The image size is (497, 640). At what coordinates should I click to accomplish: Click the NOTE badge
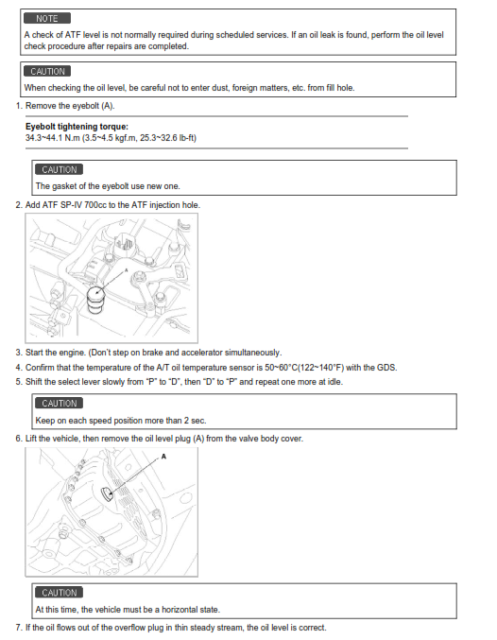point(47,18)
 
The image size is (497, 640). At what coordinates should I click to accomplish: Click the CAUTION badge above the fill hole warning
point(47,72)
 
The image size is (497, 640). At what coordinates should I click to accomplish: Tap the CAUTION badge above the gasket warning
point(60,170)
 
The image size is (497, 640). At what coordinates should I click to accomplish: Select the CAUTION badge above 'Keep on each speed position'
point(60,404)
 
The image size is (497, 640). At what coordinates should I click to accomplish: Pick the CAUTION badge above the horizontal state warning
point(60,593)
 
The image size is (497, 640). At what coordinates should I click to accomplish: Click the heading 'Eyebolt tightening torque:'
point(77,127)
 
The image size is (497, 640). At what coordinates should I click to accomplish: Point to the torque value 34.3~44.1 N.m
point(53,138)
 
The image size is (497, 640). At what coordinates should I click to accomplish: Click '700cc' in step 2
point(95,205)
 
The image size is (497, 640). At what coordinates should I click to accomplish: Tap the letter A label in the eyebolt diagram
point(126,269)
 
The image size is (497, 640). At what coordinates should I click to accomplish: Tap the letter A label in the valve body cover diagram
point(163,457)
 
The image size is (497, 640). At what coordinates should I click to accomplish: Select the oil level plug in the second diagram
point(107,493)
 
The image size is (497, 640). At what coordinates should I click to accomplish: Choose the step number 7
point(19,628)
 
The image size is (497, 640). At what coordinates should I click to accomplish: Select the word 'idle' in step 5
point(334,382)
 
